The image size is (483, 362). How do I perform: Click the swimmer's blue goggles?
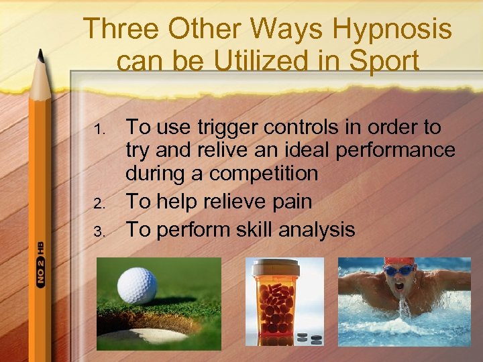pyautogui.click(x=400, y=271)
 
